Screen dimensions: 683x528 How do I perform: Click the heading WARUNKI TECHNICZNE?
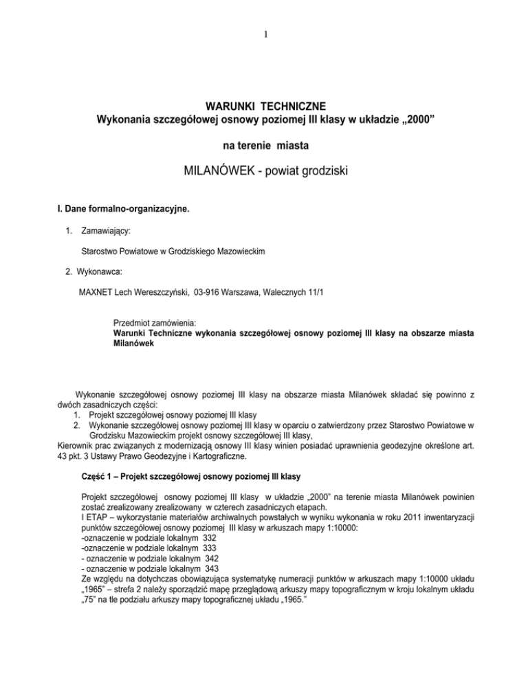[264, 107]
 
